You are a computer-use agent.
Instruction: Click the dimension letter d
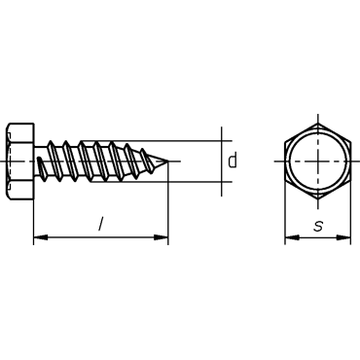232,161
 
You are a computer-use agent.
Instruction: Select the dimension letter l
101,225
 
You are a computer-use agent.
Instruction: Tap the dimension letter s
318,226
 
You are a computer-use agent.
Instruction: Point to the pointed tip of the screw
168,161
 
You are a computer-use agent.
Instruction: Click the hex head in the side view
20,162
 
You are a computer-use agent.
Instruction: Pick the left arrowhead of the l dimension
41,237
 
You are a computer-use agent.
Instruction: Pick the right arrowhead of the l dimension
162,237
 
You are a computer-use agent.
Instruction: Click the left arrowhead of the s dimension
292,237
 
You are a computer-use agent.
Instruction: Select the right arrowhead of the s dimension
343,237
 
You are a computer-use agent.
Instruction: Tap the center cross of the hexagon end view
318,161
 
